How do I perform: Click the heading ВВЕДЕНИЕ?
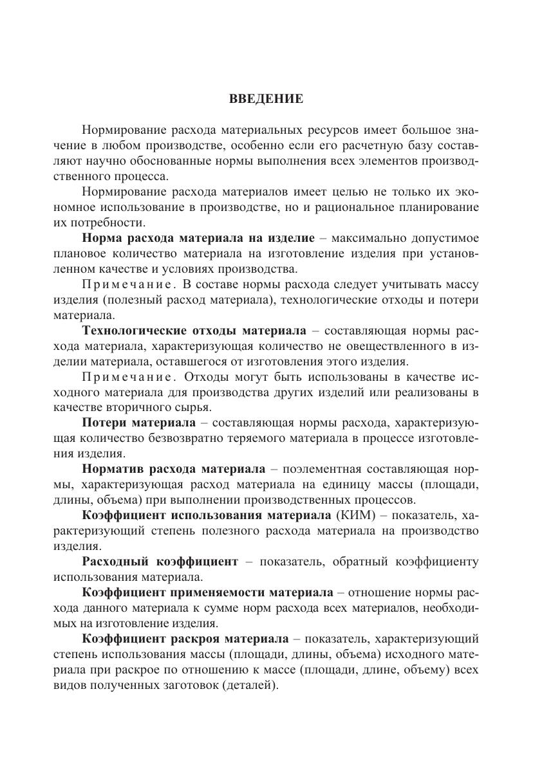click(x=266, y=99)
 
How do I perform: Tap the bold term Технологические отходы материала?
click(x=194, y=331)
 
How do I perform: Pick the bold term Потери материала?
click(x=138, y=423)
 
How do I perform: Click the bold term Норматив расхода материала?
click(x=173, y=469)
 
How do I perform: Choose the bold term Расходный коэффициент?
click(x=160, y=562)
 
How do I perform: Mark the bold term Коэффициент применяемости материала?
click(x=208, y=592)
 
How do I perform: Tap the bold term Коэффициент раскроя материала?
click(x=185, y=639)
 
